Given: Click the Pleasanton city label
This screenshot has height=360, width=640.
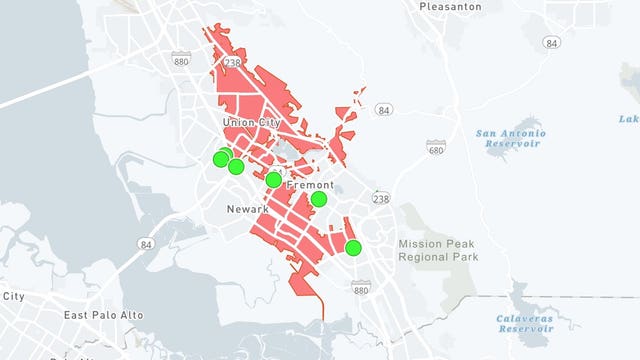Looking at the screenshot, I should click(x=450, y=6).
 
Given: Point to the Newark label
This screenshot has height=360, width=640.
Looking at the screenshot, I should click(x=247, y=209).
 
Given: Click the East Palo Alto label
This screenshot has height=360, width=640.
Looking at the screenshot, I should click(x=104, y=315).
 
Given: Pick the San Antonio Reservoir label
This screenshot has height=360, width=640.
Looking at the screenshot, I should click(x=510, y=138).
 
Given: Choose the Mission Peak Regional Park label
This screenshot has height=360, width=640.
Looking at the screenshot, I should click(x=438, y=250).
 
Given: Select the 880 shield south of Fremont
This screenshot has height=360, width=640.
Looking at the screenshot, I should click(x=361, y=288).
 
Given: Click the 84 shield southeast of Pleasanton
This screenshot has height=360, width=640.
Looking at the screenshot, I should click(x=552, y=43).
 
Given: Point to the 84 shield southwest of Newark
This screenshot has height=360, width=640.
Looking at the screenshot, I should click(x=147, y=243).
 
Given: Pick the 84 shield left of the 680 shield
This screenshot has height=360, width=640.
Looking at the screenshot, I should click(x=386, y=109).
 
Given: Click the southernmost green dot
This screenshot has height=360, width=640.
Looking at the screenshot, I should click(x=353, y=247).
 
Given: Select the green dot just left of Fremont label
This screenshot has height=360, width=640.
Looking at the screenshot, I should click(x=273, y=180).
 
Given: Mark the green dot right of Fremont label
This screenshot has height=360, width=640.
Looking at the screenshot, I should click(x=318, y=199).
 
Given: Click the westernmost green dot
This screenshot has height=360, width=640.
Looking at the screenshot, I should click(x=221, y=158).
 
